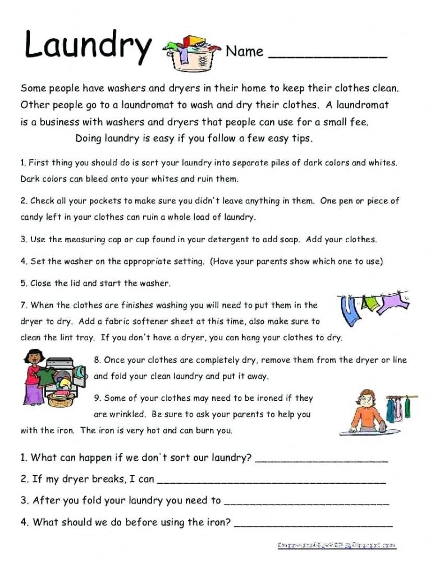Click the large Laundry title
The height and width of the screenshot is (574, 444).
point(88,46)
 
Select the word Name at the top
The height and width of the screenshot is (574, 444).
point(244,52)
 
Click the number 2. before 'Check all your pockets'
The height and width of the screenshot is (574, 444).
point(24,201)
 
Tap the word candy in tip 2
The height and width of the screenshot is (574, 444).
point(33,216)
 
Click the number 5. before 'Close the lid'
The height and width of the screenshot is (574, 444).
point(24,283)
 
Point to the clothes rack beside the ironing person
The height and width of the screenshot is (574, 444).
point(401,406)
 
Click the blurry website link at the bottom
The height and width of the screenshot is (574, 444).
point(337,545)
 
